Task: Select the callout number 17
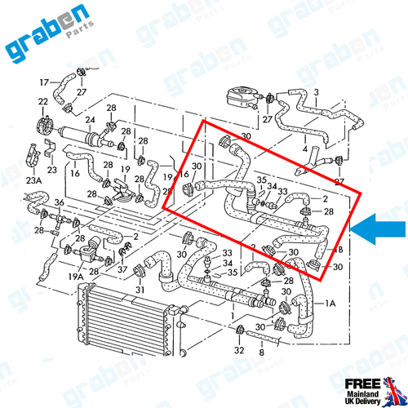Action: pos(45,82)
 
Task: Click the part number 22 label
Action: pos(42,102)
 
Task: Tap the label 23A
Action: pos(33,181)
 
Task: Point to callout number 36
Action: pos(59,202)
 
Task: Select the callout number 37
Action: pos(122,270)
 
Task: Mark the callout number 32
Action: pos(238,350)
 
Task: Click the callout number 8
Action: pos(260,355)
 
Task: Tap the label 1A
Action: pos(331,302)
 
